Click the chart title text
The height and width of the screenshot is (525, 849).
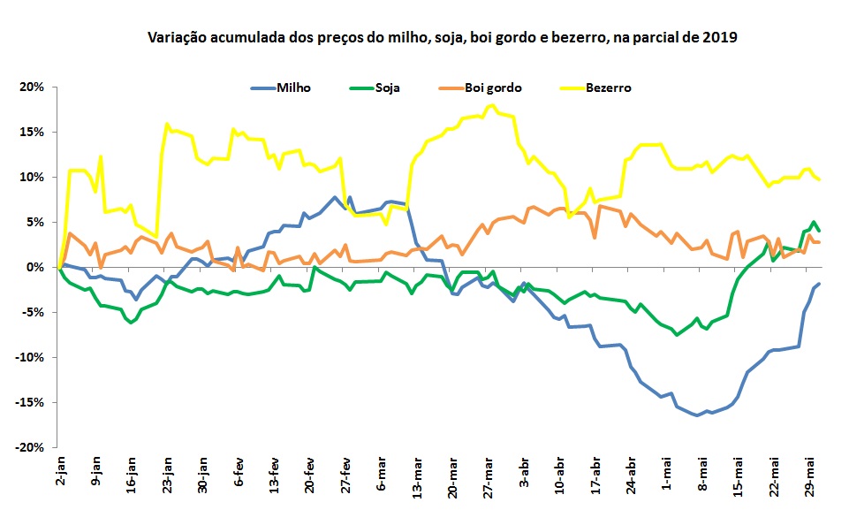441,38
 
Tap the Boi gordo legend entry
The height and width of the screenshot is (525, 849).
492,87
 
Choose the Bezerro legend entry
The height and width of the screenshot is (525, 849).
608,87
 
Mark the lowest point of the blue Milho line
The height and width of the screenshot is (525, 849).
697,415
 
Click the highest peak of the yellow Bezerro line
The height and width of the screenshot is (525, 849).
491,105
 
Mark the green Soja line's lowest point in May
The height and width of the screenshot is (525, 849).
678,335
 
